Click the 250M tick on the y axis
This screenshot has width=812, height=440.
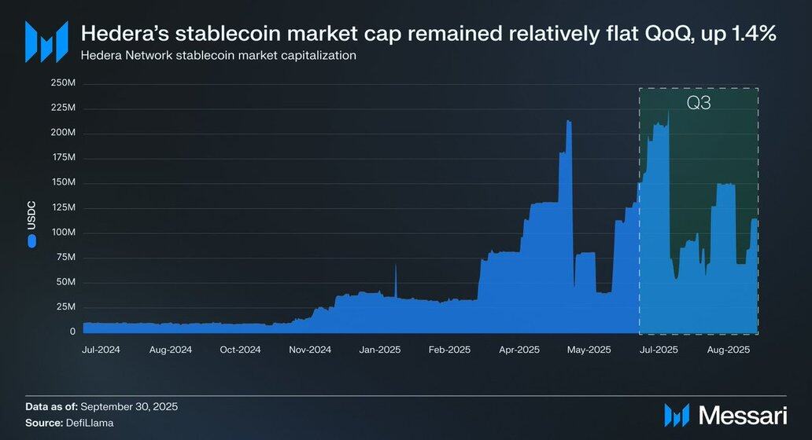pos(63,82)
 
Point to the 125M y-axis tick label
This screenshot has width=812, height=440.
pos(63,207)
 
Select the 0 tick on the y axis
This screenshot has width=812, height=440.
pos(72,332)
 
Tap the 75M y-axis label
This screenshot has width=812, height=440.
pos(65,258)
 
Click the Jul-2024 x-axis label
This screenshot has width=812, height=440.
pos(101,350)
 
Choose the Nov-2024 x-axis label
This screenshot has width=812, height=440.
pos(309,350)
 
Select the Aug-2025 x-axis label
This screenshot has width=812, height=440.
pos(728,350)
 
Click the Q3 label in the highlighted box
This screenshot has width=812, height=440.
pos(698,103)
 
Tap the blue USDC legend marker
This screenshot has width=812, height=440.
pos(31,242)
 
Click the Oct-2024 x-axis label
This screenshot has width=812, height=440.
pos(239,350)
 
